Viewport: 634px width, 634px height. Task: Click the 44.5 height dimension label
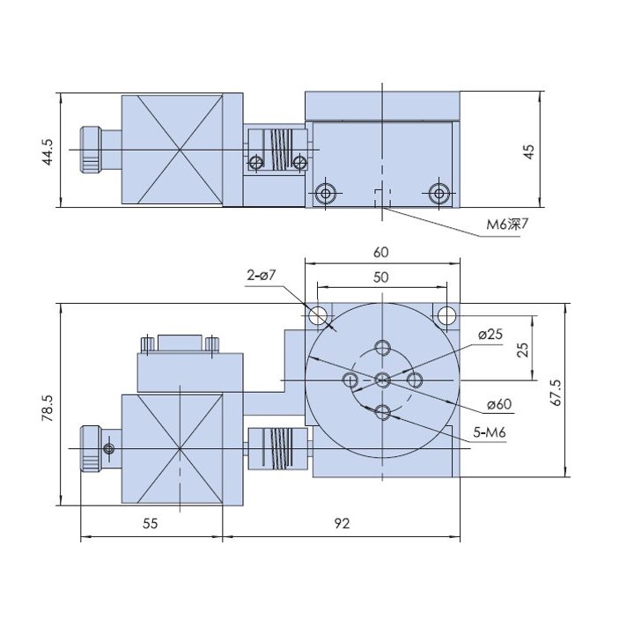coord(48,152)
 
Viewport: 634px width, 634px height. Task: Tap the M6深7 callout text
coord(507,224)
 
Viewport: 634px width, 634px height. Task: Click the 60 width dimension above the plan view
coord(381,253)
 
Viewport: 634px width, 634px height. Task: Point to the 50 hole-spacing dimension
coord(381,277)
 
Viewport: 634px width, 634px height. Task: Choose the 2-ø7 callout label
coord(262,276)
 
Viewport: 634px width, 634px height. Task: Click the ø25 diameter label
coord(490,335)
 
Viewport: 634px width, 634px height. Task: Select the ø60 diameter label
coord(499,404)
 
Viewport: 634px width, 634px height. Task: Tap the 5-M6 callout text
coord(490,432)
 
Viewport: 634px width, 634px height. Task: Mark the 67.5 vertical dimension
coord(556,392)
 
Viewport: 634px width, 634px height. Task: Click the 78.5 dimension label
coord(48,409)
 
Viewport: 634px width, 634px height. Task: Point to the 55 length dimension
coord(150,524)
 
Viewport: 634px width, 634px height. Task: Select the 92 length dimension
coord(342,524)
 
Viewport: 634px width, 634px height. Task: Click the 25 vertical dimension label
coord(523,350)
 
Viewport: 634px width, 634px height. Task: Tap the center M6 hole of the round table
coord(382,380)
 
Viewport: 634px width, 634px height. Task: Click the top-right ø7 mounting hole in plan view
coord(446,315)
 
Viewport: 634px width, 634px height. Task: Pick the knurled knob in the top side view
coord(90,150)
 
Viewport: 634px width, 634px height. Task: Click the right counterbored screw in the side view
coord(439,193)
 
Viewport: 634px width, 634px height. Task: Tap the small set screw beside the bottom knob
coord(109,448)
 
